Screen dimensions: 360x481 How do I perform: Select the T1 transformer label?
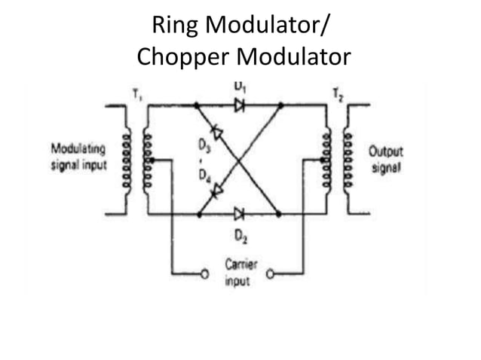[136, 95]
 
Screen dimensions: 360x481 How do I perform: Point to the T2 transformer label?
[336, 95]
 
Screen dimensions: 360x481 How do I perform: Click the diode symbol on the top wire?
[240, 105]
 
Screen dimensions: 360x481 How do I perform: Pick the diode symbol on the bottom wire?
[240, 214]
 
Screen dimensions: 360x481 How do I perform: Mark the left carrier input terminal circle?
[203, 274]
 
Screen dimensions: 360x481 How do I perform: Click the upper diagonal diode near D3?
[217, 133]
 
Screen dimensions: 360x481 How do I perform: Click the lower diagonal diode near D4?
[217, 191]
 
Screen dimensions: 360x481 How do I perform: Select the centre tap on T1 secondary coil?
[152, 160]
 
